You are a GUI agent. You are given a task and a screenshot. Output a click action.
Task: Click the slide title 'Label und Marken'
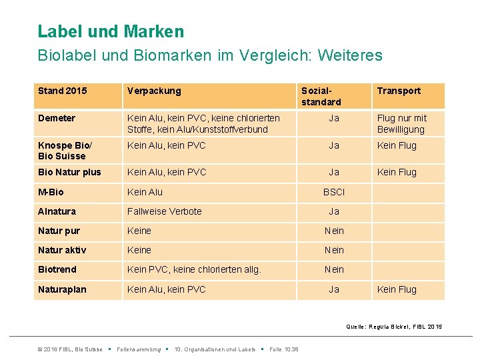(x=111, y=31)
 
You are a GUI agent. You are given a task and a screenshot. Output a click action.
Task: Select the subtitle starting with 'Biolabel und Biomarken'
(x=210, y=55)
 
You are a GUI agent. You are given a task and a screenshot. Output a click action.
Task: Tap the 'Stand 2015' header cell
(x=63, y=91)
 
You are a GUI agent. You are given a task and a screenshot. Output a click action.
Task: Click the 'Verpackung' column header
(x=154, y=91)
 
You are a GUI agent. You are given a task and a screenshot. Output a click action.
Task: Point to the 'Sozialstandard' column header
(x=321, y=96)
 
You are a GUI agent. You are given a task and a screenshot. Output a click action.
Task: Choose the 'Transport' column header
(x=399, y=91)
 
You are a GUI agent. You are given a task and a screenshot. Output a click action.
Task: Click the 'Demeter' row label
(x=57, y=118)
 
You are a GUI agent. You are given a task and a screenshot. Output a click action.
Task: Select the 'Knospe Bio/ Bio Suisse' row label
(x=66, y=151)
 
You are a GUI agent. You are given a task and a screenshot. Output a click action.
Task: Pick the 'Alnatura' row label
(x=57, y=211)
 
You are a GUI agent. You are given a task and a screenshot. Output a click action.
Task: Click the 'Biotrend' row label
(x=57, y=269)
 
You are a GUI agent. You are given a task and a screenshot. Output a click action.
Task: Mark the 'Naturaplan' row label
(x=62, y=289)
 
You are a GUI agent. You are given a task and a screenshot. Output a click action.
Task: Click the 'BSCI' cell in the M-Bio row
(x=334, y=192)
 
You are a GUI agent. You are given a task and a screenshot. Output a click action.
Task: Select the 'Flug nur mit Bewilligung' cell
(x=401, y=123)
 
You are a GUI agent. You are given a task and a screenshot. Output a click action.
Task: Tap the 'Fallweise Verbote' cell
(x=164, y=211)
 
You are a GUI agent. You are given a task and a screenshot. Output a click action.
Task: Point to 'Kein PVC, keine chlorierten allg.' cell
(x=194, y=269)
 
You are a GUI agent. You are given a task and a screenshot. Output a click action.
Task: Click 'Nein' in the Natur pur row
(x=334, y=231)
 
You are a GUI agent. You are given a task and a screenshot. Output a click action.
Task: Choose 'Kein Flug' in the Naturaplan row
(x=397, y=289)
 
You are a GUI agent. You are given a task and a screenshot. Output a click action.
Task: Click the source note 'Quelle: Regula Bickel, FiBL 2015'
(x=393, y=327)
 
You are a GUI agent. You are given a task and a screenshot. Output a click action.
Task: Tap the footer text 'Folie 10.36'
(x=283, y=349)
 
